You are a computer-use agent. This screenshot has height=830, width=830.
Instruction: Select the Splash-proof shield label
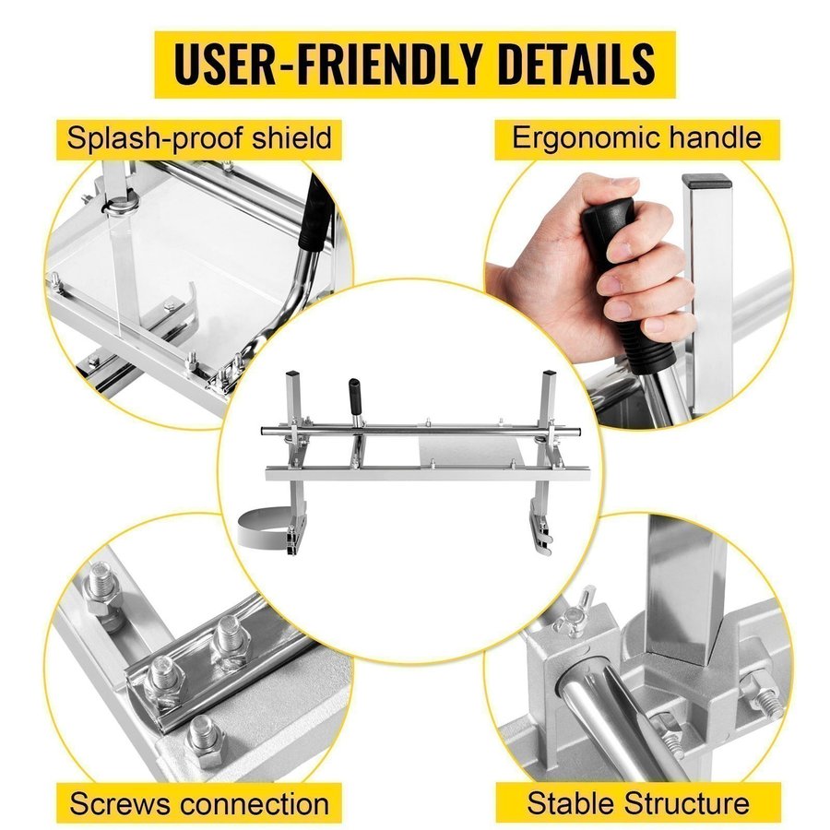[x=199, y=138]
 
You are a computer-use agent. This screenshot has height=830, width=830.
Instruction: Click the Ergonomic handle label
[x=636, y=138]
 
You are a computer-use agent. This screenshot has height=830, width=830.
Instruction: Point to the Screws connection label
[x=199, y=803]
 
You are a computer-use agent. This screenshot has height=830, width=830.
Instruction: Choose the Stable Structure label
[x=638, y=802]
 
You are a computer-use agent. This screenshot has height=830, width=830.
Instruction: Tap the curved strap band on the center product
[x=263, y=527]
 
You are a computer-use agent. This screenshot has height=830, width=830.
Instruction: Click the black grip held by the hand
[x=624, y=280]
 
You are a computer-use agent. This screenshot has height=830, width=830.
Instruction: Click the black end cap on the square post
[x=707, y=181]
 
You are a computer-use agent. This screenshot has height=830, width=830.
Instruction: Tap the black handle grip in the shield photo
[x=316, y=214]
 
